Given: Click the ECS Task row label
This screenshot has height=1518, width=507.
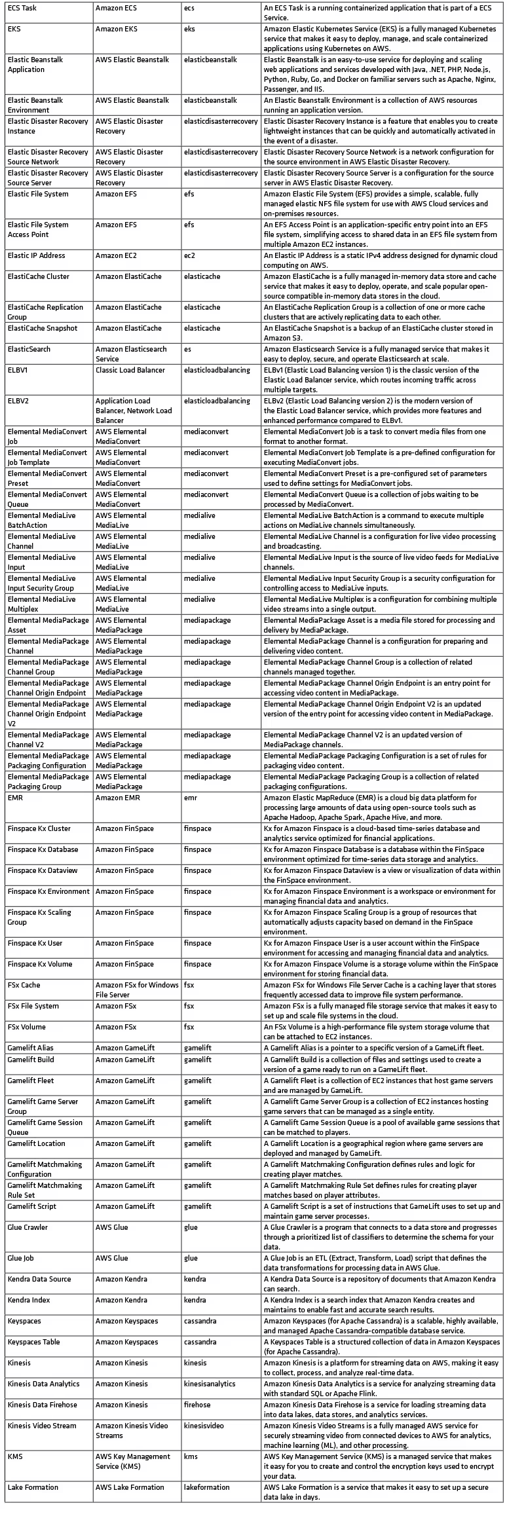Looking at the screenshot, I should (x=22, y=9).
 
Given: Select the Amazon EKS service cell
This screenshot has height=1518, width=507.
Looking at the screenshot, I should (x=116, y=29).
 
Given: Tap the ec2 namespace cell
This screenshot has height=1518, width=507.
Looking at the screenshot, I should (x=189, y=255).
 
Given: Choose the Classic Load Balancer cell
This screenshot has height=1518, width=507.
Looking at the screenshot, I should (x=130, y=370).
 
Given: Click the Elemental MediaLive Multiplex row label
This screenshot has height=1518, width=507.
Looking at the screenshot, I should (x=42, y=604).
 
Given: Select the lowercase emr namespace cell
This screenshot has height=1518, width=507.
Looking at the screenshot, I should (x=190, y=798).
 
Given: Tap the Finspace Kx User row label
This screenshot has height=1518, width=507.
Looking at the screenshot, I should (x=35, y=943).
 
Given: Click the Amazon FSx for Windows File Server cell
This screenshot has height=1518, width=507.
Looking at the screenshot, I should (x=137, y=990).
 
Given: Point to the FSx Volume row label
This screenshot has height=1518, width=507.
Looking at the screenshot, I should (x=27, y=1027).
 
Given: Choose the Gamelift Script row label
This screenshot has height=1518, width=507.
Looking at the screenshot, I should (x=32, y=1206).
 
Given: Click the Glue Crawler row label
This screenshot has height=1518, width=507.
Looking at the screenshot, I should (x=28, y=1227).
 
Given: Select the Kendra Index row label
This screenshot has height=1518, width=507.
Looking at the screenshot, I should (x=29, y=1300).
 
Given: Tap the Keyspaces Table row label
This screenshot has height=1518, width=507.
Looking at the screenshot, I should (x=33, y=1342).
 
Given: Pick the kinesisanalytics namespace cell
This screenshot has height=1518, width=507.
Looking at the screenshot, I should (x=210, y=1384).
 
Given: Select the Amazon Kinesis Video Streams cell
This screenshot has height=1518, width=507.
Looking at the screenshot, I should (x=132, y=1430).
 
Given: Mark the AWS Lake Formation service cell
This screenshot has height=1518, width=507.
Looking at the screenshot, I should (x=130, y=1487).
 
